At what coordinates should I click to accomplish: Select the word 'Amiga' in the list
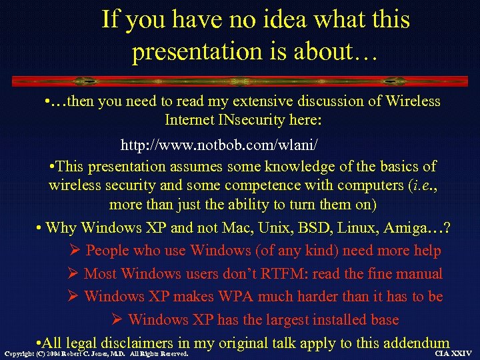[x=410, y=228]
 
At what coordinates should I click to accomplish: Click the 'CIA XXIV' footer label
[x=453, y=353]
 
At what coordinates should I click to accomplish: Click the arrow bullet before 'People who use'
[x=75, y=251]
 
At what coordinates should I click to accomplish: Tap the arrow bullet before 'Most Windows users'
[x=73, y=273]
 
